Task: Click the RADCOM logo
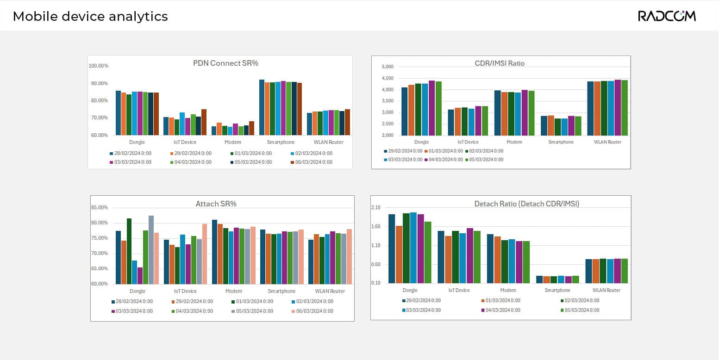pos(667,16)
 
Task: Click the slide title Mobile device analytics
pos(90,17)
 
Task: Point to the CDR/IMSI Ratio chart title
pos(500,63)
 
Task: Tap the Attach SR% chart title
pos(216,204)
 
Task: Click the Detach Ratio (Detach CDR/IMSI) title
pos(527,204)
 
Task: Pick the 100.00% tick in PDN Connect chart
pos(99,66)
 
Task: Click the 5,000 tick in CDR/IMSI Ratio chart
pos(387,67)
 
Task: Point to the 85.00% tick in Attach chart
pos(100,207)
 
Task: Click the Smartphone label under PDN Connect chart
pos(281,142)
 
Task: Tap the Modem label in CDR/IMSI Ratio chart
pos(514,142)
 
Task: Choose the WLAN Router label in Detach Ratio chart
pos(607,290)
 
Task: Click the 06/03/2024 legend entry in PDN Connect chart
pos(314,162)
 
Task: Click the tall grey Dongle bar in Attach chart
pos(151,250)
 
